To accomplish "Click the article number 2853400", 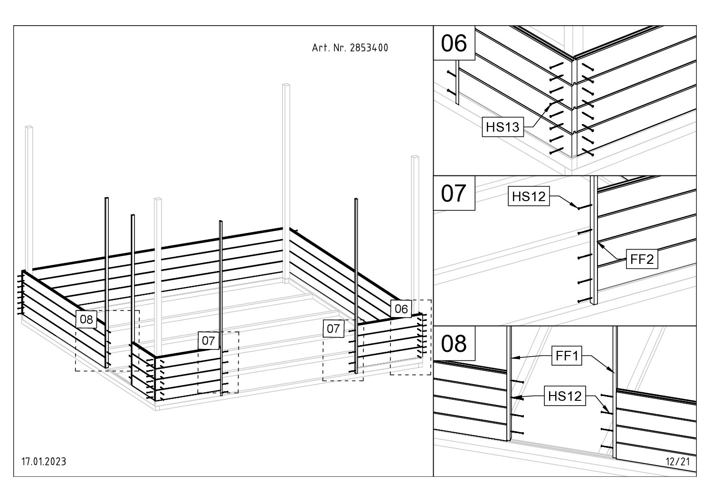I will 369,48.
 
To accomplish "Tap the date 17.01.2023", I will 44,462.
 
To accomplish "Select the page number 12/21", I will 678,462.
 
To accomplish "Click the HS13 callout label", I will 503,127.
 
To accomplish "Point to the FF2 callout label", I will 642,260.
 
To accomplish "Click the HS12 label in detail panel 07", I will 528,196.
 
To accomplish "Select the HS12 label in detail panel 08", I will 564,396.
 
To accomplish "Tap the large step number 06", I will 454,43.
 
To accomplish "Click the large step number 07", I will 454,193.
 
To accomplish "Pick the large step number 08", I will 454,344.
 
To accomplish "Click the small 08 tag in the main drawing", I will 86,319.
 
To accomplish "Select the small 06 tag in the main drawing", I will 401,309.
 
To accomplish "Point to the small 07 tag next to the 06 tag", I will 333,329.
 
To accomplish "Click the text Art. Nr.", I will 329,48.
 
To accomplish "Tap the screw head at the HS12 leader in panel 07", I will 578,208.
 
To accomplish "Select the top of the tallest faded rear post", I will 286,86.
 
